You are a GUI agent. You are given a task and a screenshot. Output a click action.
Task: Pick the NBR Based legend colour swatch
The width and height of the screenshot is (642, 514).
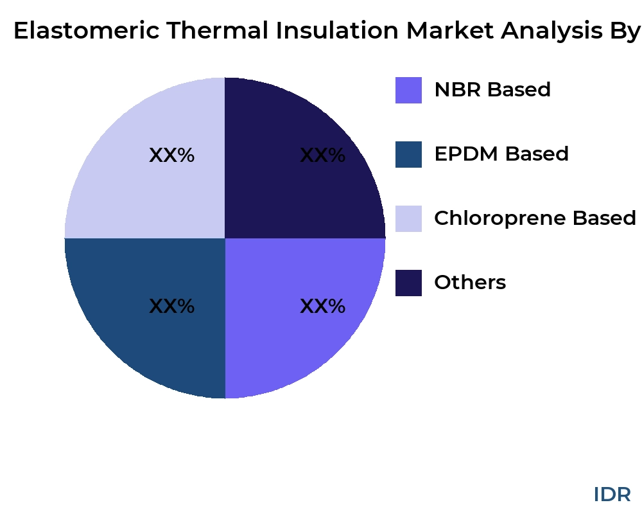pos(408,90)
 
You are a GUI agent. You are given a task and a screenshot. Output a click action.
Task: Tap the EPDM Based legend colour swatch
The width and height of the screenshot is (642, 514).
pos(408,154)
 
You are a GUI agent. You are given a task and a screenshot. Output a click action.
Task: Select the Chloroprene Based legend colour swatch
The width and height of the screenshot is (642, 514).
pos(408,218)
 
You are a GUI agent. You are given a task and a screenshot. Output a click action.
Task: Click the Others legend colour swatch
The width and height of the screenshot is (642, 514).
pos(408,283)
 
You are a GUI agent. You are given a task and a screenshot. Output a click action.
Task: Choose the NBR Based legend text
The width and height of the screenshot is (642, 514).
pos(492,90)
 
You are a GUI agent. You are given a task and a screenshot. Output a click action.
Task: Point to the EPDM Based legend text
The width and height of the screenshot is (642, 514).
pos(501,154)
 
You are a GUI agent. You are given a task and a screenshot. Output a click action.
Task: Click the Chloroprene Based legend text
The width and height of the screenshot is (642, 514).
pos(535,218)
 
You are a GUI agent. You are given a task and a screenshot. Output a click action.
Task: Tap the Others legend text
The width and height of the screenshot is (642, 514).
pos(470,283)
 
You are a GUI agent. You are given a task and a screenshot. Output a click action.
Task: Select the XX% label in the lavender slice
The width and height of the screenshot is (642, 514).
pos(171,155)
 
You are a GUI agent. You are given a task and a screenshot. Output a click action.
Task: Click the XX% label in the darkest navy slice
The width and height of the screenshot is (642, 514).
pos(322,155)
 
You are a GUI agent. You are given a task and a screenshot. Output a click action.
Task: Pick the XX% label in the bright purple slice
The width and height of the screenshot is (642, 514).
pos(322,306)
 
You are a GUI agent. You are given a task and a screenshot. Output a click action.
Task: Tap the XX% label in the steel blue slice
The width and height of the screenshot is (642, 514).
pos(171,306)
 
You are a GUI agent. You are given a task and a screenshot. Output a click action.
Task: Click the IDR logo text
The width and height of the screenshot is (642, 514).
pos(612,494)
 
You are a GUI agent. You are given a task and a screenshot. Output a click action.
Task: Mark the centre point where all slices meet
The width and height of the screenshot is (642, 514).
pos(225,238)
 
